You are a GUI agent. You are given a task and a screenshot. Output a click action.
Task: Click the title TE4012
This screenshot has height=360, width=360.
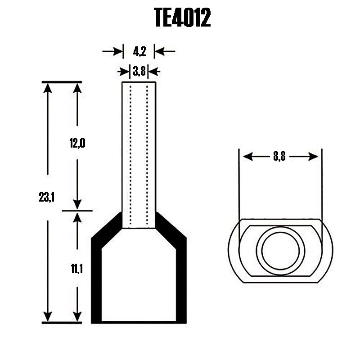pos(182,18)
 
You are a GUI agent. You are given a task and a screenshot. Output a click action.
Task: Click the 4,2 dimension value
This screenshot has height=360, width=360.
pos(139,52)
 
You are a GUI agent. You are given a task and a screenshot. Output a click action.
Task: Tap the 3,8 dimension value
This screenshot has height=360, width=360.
pos(139,71)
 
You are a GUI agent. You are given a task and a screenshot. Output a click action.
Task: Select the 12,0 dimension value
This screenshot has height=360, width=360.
pos(77,144)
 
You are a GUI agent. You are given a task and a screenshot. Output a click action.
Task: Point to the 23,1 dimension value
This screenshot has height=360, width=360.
pos(47,197)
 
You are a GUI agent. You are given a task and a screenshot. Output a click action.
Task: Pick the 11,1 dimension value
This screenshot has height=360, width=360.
pos(77,270)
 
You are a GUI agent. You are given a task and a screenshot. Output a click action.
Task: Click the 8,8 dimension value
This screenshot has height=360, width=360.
pos(279,156)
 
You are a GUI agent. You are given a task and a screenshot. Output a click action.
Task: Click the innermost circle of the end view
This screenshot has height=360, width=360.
pos(280,250)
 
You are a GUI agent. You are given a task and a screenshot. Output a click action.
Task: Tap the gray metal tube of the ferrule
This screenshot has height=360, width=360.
pos(139,153)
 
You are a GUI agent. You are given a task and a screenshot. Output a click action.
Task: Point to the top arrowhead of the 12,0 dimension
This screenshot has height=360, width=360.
pos(77,87)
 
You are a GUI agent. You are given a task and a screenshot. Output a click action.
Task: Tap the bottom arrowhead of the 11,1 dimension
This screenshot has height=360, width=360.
pos(77,317)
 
